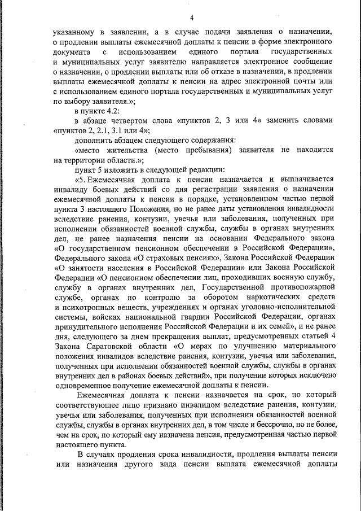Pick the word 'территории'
tap(96, 159)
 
